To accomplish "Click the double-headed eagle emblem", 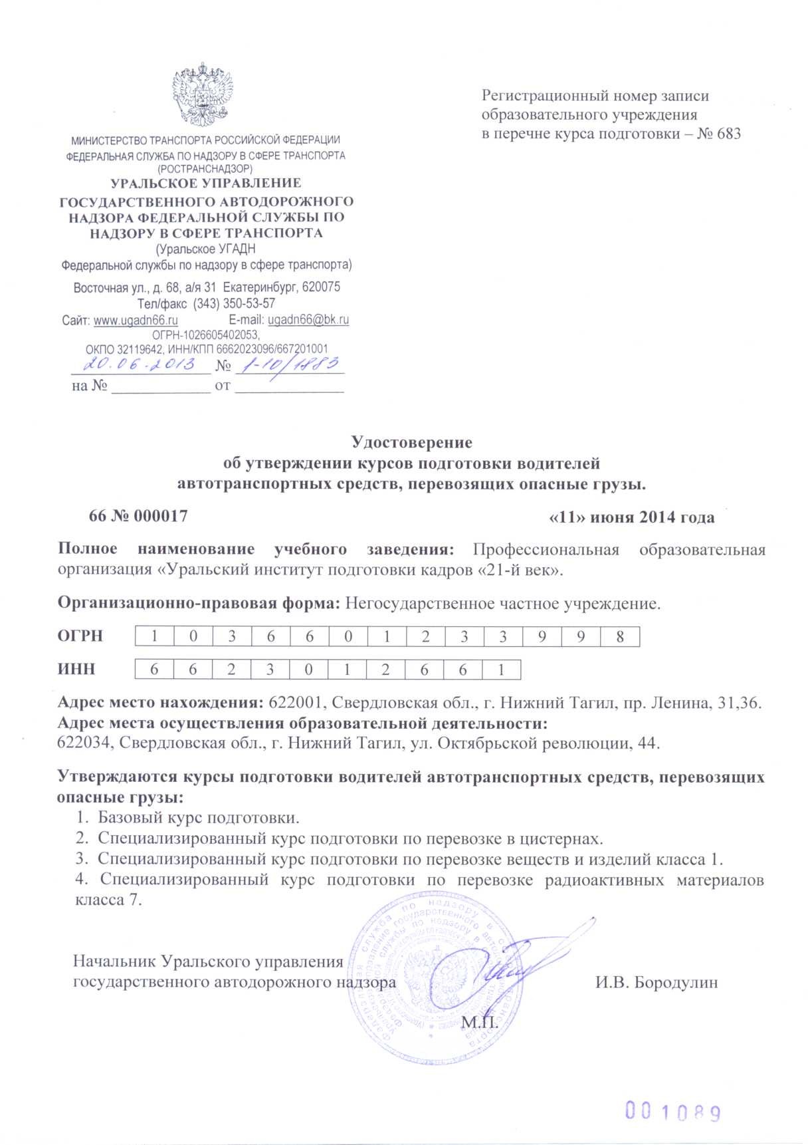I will pos(205,94).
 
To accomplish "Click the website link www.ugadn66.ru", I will pos(136,320).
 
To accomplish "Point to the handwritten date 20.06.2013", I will pos(140,364).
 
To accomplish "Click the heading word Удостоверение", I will pos(411,442).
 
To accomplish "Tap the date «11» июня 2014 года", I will pos(633,517).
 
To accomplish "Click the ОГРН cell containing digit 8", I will pos(620,636).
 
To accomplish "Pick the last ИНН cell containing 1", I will pos(501,670).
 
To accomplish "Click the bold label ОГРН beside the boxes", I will pos(80,636).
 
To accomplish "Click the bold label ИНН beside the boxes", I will pos(76,670).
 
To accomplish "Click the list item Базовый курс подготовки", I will pos(199,817).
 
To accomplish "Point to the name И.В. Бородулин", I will pos(656,982).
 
